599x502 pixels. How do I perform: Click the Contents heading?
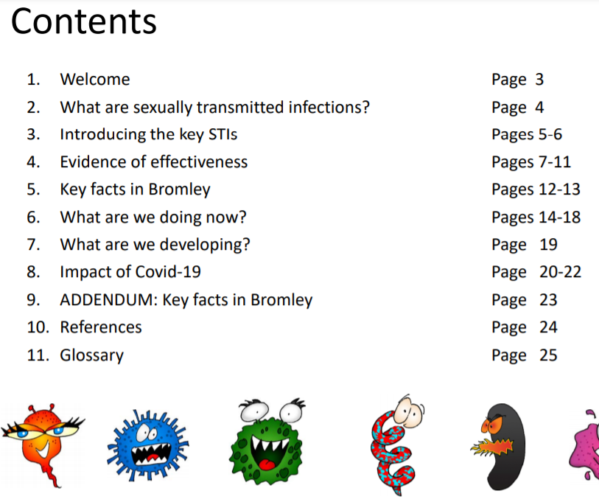point(84,21)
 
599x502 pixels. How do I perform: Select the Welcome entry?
point(95,80)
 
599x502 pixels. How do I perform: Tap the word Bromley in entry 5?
point(179,189)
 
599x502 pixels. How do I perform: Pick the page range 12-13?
point(560,189)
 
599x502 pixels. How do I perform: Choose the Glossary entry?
point(92,355)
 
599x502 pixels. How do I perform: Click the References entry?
point(101,327)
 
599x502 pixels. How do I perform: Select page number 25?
point(548,355)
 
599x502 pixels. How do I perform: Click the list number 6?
point(32,217)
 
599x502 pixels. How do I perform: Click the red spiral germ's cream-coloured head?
point(408,411)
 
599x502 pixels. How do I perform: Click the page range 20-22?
point(560,272)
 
